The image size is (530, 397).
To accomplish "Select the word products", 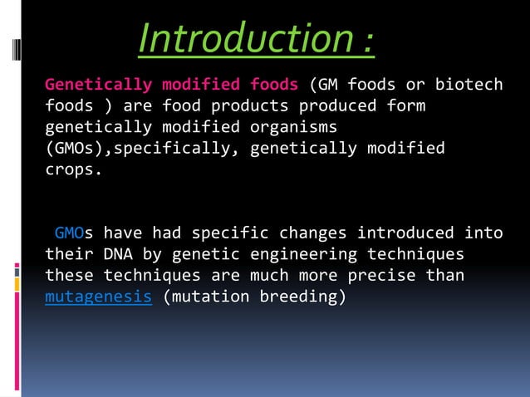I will (x=250, y=106).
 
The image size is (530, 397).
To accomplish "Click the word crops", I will (x=74, y=169).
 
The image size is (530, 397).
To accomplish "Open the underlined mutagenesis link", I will (x=98, y=297).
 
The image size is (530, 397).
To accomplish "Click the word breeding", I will (x=303, y=297).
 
